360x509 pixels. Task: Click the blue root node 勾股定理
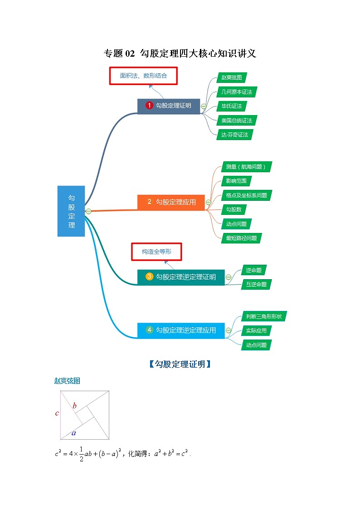point(71,211)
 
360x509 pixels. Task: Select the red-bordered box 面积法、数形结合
point(143,76)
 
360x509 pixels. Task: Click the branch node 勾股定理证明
point(169,106)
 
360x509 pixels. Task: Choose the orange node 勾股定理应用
point(170,202)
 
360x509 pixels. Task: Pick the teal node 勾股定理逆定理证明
point(181,277)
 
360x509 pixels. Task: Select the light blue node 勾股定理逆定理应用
point(181,330)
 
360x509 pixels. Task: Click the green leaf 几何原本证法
point(236,92)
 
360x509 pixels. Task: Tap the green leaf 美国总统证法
point(236,120)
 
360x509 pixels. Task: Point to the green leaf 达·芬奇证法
point(234,135)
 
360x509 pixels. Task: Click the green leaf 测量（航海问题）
point(248,167)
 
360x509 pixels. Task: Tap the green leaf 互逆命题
point(256,284)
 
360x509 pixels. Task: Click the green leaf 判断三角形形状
point(263,316)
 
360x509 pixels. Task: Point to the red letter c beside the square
point(57,413)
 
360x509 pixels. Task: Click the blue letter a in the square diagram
point(73,433)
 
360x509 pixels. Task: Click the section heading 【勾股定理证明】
point(180,364)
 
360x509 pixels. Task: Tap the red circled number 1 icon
point(149,106)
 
